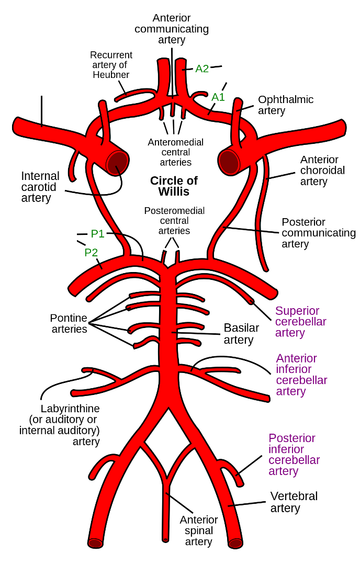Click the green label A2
click(x=202, y=69)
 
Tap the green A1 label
click(x=218, y=97)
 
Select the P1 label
click(x=97, y=233)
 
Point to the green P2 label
click(x=91, y=253)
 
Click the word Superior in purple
click(x=297, y=311)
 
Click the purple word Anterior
click(x=297, y=358)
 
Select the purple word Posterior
click(x=292, y=438)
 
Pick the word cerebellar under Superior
click(x=300, y=322)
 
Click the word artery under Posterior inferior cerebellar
click(x=284, y=471)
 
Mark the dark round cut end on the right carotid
click(x=229, y=161)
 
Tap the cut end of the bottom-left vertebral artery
click(x=95, y=543)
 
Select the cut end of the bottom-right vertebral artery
click(x=235, y=543)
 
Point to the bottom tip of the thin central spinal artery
click(x=165, y=539)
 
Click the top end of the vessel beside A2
click(x=181, y=62)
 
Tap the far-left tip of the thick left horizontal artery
click(x=17, y=126)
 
